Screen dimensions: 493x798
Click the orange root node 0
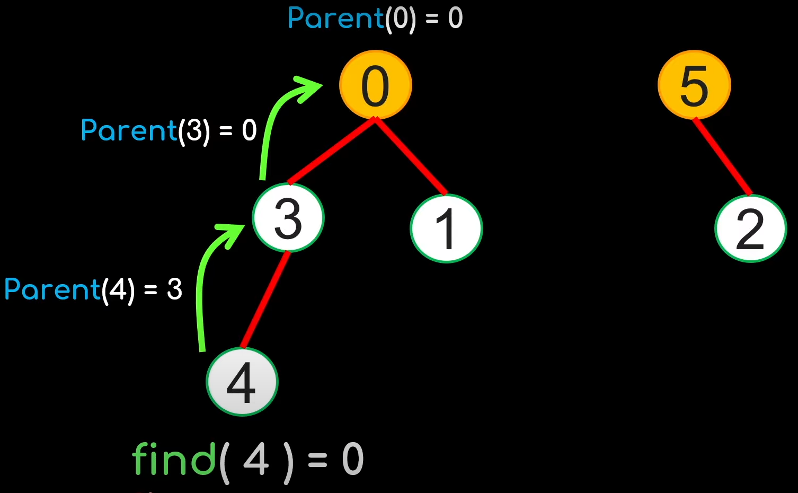tap(375, 85)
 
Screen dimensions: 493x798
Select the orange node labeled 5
tap(694, 85)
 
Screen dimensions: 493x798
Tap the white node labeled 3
tap(288, 218)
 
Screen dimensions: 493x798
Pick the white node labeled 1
tap(446, 228)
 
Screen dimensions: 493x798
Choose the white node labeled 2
tap(750, 228)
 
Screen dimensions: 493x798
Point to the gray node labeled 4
tap(242, 382)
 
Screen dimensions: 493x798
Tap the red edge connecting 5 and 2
tap(722, 156)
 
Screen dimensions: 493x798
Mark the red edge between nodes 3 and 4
tap(265, 300)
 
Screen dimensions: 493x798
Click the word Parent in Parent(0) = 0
tap(335, 19)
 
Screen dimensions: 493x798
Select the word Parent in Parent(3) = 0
tap(129, 130)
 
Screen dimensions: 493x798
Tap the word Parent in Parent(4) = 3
tap(52, 289)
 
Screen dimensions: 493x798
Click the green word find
tap(174, 459)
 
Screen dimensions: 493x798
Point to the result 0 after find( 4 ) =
tap(352, 459)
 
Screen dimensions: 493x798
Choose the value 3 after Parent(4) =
tap(174, 289)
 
